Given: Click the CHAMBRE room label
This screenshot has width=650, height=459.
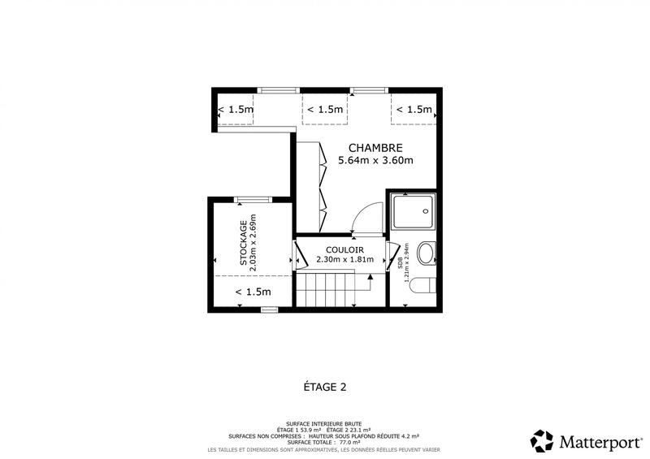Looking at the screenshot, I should pos(375,148).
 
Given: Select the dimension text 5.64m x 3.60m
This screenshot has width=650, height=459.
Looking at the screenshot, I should pos(375,161).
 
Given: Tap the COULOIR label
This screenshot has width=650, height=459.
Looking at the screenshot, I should pos(344,249).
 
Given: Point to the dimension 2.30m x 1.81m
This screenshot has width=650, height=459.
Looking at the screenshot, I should pos(344,260).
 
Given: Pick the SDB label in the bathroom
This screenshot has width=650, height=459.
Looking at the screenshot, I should pos(401,264).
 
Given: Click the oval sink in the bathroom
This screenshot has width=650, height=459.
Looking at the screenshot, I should pos(426,253).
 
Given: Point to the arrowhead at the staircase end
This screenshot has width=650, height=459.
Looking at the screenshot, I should pos(370,277).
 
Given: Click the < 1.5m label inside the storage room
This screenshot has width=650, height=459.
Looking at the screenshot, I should pos(253,292).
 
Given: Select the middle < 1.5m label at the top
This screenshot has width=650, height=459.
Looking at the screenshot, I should pos(325,110).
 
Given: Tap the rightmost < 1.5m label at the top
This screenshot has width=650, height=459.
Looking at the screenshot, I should pos(414,110).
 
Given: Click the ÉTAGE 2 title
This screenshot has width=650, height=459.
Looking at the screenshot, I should pos(324,387).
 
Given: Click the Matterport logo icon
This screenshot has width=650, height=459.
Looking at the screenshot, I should pos(542,441).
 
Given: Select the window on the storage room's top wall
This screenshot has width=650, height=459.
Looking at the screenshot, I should pos(251,199).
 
